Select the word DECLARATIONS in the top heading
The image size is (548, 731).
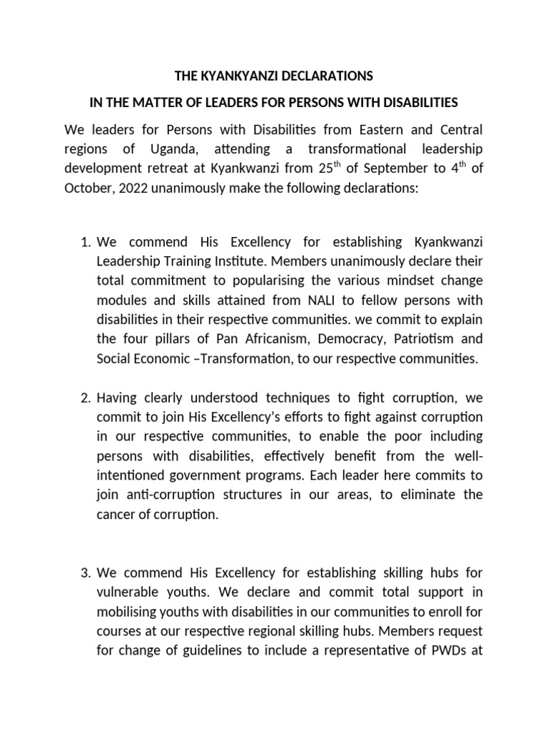click(333, 76)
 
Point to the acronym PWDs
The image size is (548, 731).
click(447, 651)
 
